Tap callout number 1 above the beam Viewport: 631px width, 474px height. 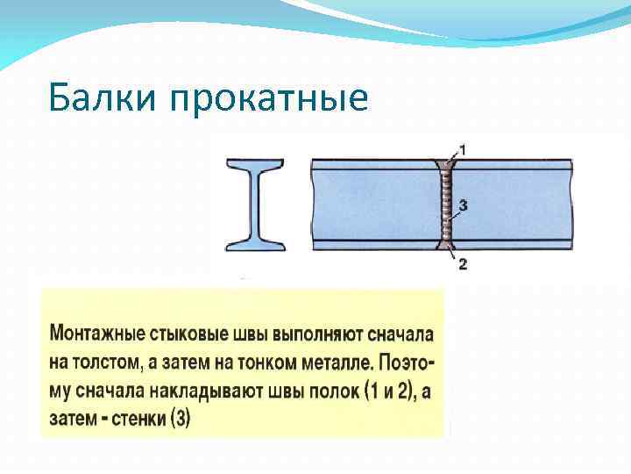point(462,150)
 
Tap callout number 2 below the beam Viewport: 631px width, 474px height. point(463,264)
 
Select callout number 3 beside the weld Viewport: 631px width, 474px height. point(463,205)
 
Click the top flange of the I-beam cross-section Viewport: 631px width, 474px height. point(255,164)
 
